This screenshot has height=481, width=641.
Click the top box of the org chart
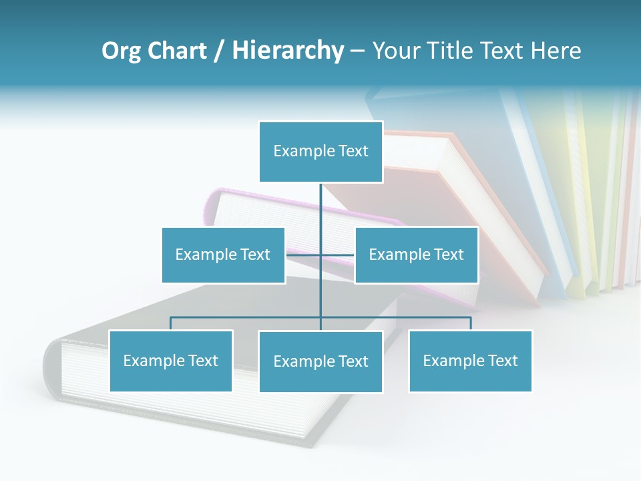click(320, 152)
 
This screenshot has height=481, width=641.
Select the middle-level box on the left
click(223, 255)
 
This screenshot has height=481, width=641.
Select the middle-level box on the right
click(416, 255)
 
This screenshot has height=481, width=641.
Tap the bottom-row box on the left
click(171, 361)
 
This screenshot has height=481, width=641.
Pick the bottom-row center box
click(320, 361)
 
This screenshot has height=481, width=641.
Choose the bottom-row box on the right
click(470, 361)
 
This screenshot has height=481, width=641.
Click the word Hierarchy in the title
click(288, 51)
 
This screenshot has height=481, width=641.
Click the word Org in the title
click(122, 51)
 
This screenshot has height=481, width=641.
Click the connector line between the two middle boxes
click(320, 255)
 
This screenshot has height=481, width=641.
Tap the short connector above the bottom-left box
click(171, 323)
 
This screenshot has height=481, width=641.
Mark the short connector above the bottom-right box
click(471, 323)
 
